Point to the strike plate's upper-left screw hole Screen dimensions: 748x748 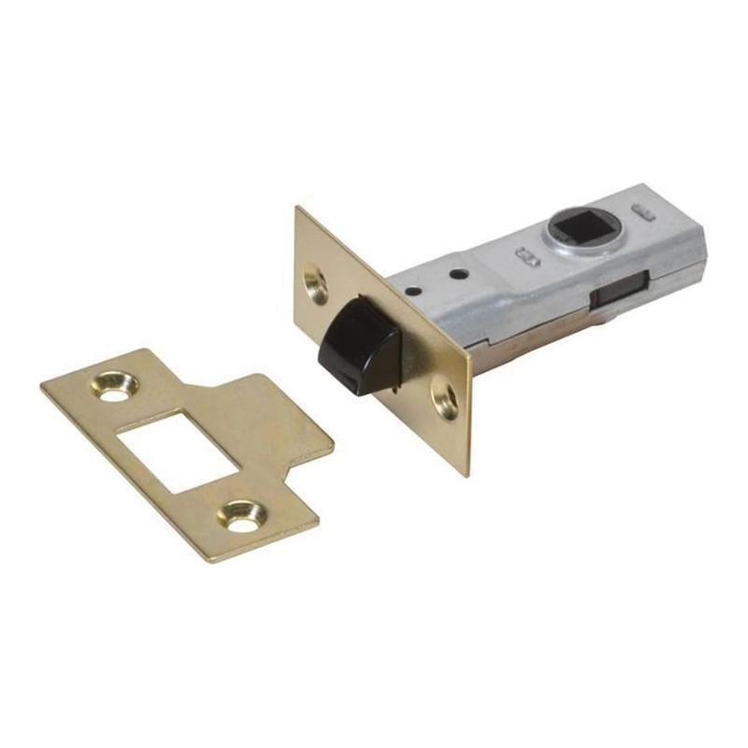click(x=116, y=385)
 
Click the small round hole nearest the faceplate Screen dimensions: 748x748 click(x=410, y=291)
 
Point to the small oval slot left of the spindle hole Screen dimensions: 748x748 click(x=525, y=252)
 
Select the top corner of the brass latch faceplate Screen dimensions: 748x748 click(x=297, y=209)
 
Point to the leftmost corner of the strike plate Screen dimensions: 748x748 click(x=42, y=384)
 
